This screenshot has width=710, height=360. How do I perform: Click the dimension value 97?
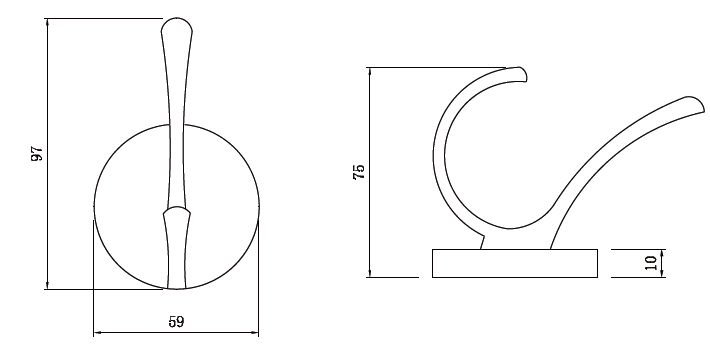(37, 153)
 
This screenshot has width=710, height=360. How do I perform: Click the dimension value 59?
(176, 322)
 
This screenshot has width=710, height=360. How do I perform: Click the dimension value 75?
(359, 172)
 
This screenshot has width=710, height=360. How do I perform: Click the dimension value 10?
(651, 263)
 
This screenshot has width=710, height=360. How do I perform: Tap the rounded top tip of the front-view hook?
(177, 19)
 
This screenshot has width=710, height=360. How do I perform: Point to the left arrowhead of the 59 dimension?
(96, 333)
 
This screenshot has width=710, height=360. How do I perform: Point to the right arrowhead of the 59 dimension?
(255, 333)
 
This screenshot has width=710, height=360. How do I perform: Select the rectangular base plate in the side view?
(515, 263)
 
